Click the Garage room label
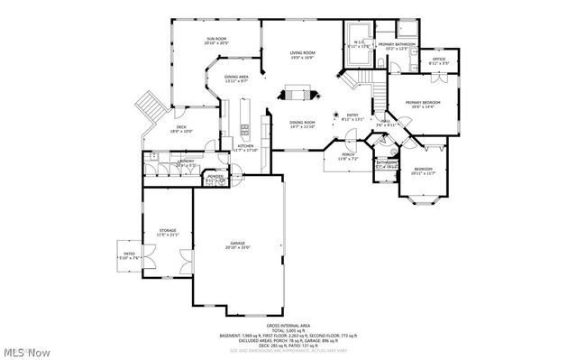click(x=239, y=245)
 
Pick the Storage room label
click(x=168, y=232)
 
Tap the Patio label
click(x=129, y=254)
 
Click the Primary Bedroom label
click(x=420, y=105)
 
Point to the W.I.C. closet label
click(x=358, y=43)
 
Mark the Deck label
click(x=181, y=129)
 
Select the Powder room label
click(x=215, y=178)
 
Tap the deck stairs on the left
click(x=148, y=109)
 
